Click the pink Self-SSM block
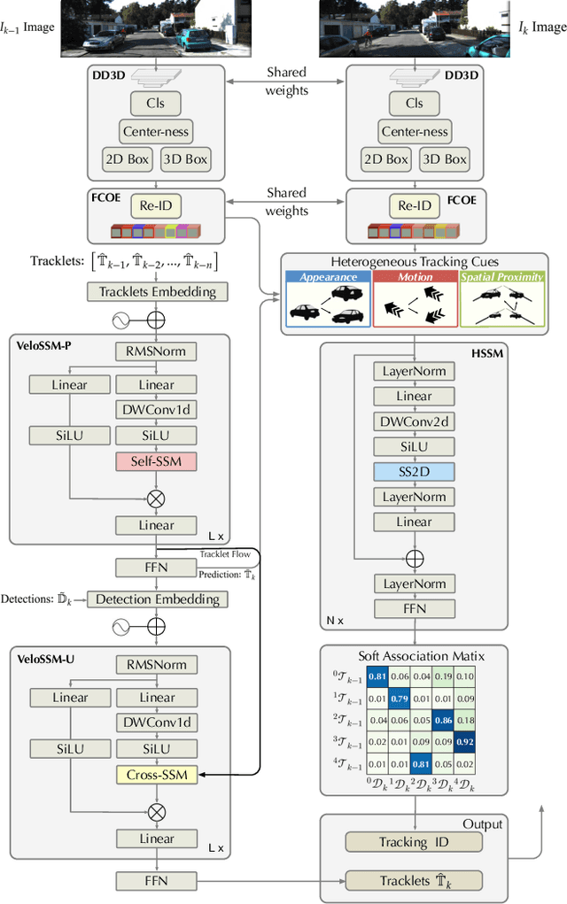click(x=156, y=461)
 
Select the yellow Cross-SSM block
click(x=156, y=775)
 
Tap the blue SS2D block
click(x=414, y=472)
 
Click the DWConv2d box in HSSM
click(x=414, y=422)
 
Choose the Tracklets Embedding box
click(x=156, y=291)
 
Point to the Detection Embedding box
click(x=156, y=599)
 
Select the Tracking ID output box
click(x=414, y=842)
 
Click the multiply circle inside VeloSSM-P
click(x=156, y=498)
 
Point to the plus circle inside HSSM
click(x=414, y=559)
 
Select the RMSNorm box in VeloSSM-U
click(x=156, y=665)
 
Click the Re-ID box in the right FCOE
click(x=414, y=206)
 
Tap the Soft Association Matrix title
click(x=414, y=656)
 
